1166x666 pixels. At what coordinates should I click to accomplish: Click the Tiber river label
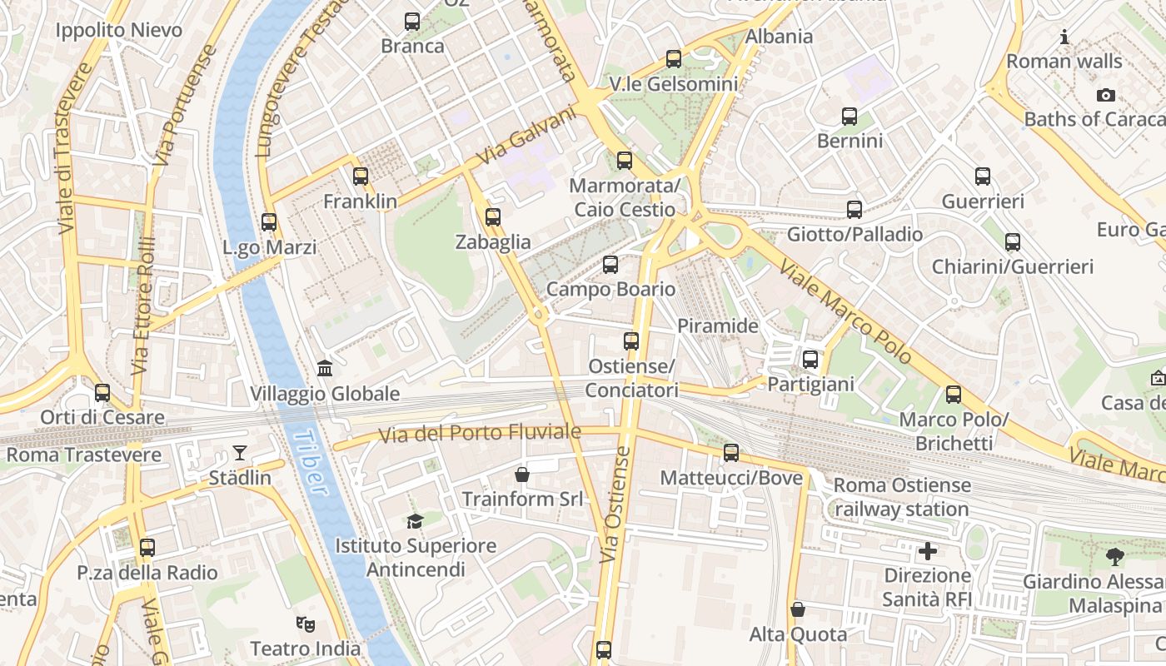pyautogui.click(x=309, y=463)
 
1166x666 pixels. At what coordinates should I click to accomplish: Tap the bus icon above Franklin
pyautogui.click(x=361, y=176)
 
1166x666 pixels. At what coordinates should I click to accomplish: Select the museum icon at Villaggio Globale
pyautogui.click(x=325, y=368)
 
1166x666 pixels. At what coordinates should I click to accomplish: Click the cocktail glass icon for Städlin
pyautogui.click(x=240, y=453)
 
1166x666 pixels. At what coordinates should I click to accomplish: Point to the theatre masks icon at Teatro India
pyautogui.click(x=306, y=624)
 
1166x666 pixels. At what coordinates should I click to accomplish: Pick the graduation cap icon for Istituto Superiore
pyautogui.click(x=415, y=522)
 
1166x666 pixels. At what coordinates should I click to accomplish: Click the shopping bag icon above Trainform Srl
pyautogui.click(x=522, y=475)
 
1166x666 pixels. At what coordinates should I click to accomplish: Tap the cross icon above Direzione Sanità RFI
pyautogui.click(x=927, y=551)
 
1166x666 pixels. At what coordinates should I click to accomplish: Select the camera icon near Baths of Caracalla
pyautogui.click(x=1105, y=95)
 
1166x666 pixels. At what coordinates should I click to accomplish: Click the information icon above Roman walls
pyautogui.click(x=1064, y=37)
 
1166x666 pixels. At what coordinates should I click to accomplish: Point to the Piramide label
pyautogui.click(x=718, y=326)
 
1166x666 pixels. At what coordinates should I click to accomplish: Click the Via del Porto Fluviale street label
pyautogui.click(x=479, y=433)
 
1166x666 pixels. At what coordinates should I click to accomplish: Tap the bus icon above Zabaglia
pyautogui.click(x=493, y=217)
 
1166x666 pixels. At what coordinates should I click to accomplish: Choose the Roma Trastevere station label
pyautogui.click(x=83, y=455)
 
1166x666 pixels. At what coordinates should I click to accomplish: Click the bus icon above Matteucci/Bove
pyautogui.click(x=731, y=453)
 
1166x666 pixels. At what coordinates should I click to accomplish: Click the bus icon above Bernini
pyautogui.click(x=850, y=117)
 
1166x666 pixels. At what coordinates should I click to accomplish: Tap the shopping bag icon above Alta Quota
pyautogui.click(x=798, y=609)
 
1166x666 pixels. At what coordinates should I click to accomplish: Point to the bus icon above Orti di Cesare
pyautogui.click(x=102, y=392)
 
